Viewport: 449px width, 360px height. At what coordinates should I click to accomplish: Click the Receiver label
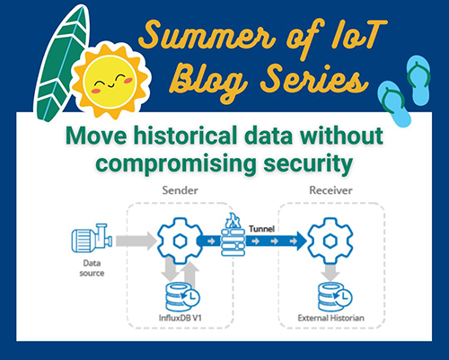(330, 190)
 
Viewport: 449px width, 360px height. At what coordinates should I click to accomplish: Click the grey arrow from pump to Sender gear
(132, 240)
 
